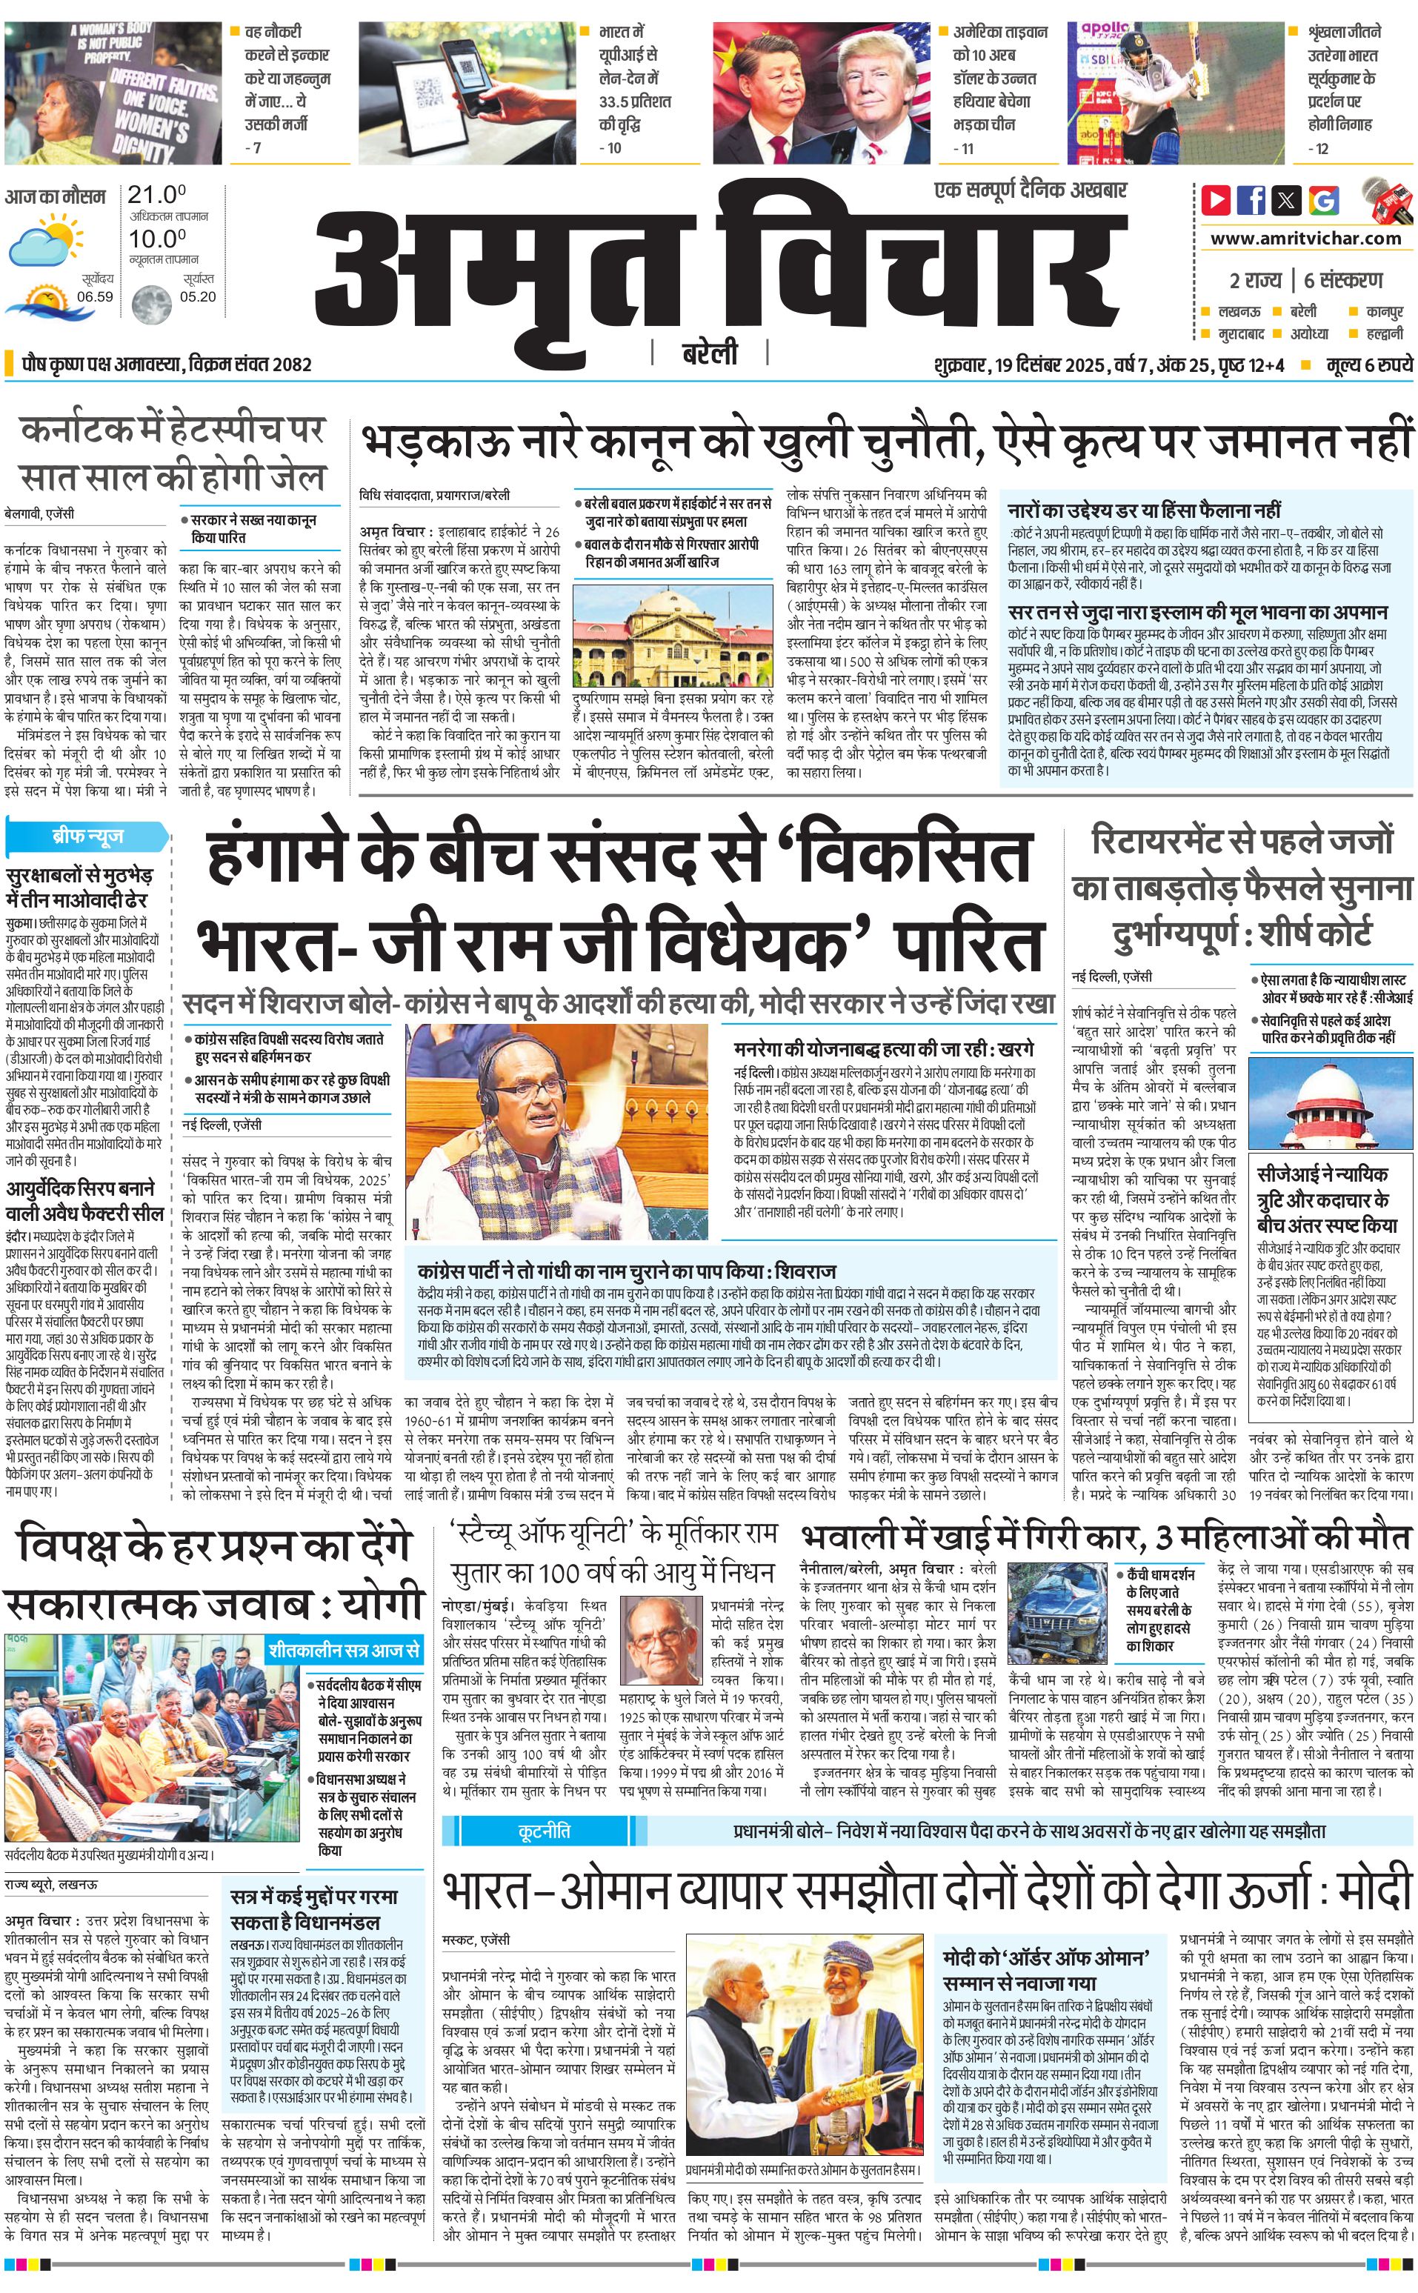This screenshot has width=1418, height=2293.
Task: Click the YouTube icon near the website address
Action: [x=1216, y=200]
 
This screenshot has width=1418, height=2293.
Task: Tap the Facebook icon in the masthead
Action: [x=1251, y=200]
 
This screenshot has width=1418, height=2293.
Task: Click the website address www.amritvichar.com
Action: [x=1305, y=239]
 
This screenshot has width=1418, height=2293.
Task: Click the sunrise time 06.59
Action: [x=95, y=296]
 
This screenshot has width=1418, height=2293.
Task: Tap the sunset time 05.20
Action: [x=197, y=296]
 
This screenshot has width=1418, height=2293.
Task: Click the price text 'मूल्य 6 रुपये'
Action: [x=1368, y=365]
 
